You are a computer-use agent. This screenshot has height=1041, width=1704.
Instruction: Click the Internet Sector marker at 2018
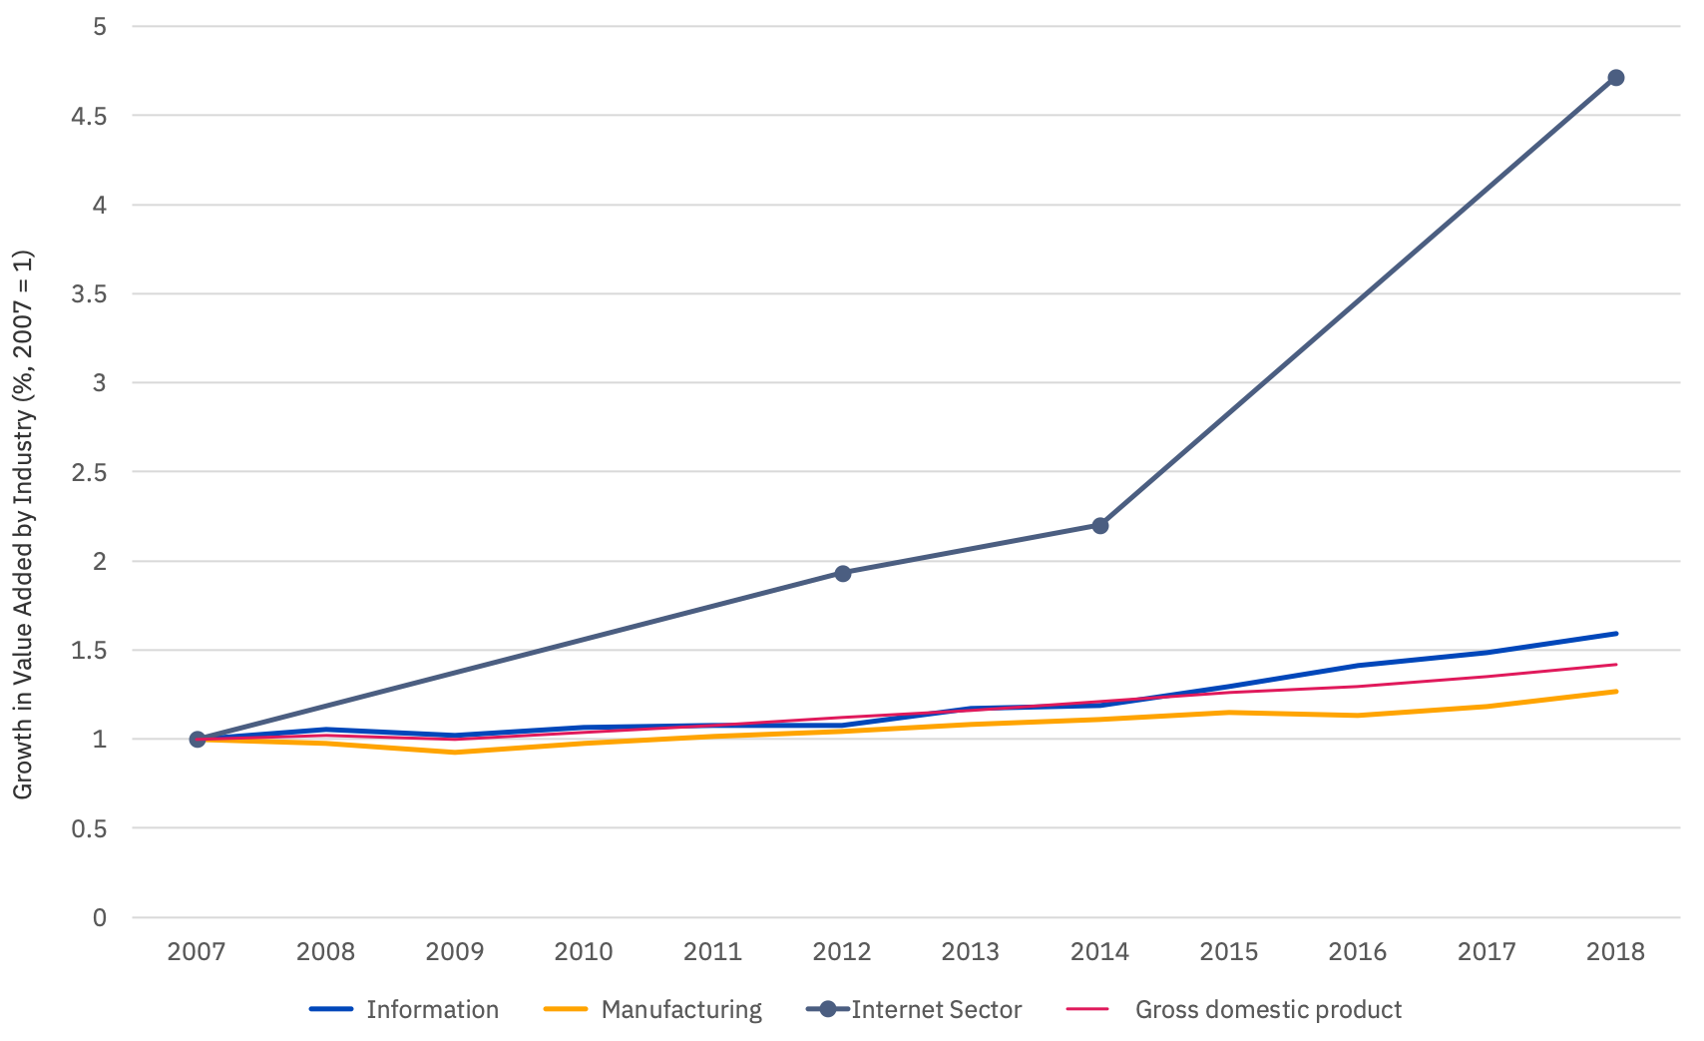tap(1615, 78)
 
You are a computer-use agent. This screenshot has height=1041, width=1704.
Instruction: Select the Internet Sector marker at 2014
tap(1100, 525)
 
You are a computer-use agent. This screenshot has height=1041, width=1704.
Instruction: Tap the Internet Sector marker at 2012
tap(842, 573)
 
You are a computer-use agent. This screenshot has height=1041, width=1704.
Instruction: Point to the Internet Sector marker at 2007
tap(198, 739)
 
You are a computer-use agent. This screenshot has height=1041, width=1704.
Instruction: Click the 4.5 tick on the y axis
tap(89, 116)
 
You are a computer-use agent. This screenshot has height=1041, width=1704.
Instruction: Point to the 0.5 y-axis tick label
tap(89, 828)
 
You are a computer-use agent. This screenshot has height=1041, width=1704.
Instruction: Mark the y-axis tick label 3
tap(99, 383)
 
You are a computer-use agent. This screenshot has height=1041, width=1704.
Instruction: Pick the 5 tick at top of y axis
tap(99, 27)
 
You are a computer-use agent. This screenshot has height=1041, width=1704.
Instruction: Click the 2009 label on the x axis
tap(455, 951)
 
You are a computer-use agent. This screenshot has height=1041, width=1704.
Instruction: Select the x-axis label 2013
tap(971, 951)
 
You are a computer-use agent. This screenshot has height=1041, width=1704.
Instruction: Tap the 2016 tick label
tap(1357, 951)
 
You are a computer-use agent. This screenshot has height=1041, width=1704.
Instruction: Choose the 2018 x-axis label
tap(1615, 951)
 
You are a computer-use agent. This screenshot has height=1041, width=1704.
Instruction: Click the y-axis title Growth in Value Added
tap(22, 524)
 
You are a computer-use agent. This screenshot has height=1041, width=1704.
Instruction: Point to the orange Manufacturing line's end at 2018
tap(1615, 692)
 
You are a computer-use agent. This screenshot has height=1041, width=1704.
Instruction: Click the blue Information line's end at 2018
tap(1615, 634)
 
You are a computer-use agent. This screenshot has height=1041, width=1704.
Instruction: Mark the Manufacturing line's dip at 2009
tap(455, 752)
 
